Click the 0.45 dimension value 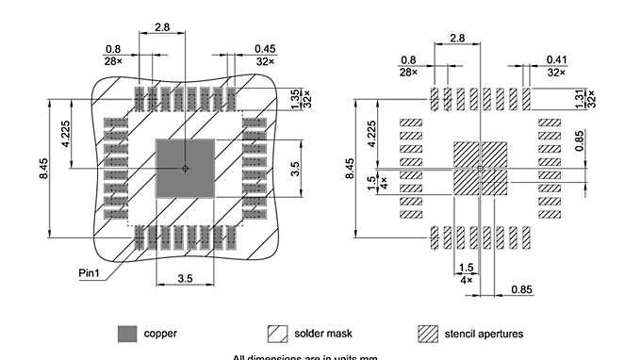coord(264,49)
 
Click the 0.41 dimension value coord(557,58)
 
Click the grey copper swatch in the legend coord(126,334)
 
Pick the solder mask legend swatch coord(278,334)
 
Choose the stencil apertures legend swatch coord(429,334)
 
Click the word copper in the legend coord(160,334)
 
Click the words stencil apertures coord(485,334)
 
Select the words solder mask coord(323,334)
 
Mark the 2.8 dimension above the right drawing coord(458,39)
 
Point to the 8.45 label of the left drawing coord(42,169)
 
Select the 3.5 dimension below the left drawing coord(185,279)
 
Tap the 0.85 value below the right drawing coord(520,288)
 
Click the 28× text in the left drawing coord(113,60)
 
